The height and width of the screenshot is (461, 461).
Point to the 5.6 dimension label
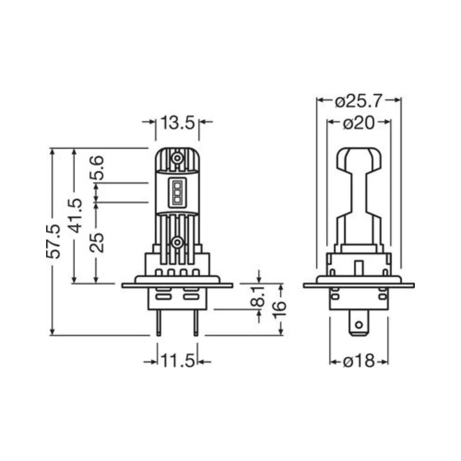tap(96, 168)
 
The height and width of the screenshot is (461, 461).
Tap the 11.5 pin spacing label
tap(177, 362)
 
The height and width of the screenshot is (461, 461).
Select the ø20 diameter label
tap(358, 124)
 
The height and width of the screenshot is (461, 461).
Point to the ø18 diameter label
tap(358, 361)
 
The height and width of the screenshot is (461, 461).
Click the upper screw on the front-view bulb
tap(177, 158)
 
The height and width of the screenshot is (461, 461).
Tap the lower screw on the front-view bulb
tap(177, 242)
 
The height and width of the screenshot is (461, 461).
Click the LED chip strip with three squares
tap(177, 191)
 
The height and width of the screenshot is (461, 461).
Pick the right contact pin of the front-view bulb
tap(196, 323)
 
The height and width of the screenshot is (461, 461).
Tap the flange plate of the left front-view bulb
tap(177, 285)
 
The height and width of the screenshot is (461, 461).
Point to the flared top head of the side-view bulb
tap(358, 159)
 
